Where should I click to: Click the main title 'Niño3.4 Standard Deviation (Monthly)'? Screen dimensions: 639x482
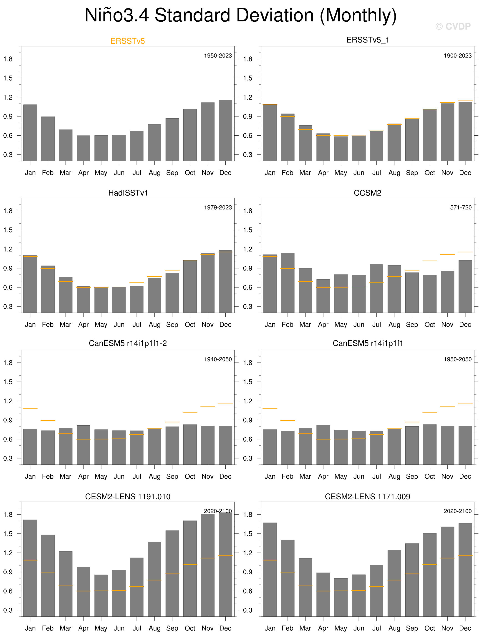(x=241, y=15)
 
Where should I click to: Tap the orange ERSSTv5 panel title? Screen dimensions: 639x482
(x=128, y=41)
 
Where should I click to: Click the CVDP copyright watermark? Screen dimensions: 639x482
(x=453, y=27)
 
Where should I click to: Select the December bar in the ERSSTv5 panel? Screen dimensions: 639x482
(x=225, y=130)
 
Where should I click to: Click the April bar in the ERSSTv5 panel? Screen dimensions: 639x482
(x=83, y=148)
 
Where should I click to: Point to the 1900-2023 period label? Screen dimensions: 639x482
(x=457, y=56)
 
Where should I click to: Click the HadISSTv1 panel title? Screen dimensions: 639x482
(x=128, y=193)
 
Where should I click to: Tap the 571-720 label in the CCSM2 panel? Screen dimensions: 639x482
(x=461, y=207)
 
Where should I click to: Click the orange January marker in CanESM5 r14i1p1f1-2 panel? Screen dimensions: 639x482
(x=30, y=408)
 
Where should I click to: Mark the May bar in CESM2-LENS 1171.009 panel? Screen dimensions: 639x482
(x=341, y=597)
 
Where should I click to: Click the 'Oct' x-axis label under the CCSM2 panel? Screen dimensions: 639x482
(x=429, y=324)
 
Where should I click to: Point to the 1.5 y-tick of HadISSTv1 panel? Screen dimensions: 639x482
(x=8, y=230)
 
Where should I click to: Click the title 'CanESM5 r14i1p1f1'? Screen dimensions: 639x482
(x=368, y=343)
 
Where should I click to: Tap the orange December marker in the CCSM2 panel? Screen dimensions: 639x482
(x=465, y=252)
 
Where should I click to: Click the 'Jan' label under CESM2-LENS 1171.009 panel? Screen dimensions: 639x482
(x=270, y=628)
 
